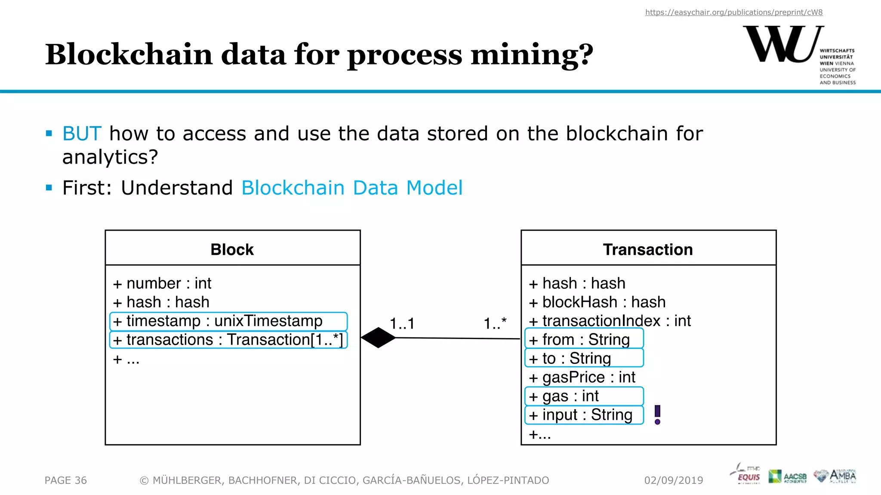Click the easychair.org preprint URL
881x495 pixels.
(x=733, y=12)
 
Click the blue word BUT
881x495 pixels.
(x=82, y=134)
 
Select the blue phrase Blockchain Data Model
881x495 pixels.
(x=352, y=188)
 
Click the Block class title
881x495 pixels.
(x=232, y=250)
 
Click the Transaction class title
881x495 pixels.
(x=648, y=250)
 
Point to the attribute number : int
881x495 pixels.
(x=163, y=284)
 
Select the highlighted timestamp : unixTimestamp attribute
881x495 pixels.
(x=228, y=321)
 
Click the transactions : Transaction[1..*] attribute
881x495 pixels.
(x=228, y=340)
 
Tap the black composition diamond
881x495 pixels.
(x=378, y=338)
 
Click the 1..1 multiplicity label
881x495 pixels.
(x=402, y=324)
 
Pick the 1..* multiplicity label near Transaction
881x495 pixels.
(x=495, y=324)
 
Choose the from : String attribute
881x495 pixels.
(x=584, y=339)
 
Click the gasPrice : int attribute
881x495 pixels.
(x=582, y=377)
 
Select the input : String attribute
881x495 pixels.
(x=584, y=415)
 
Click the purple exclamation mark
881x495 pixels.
(x=657, y=415)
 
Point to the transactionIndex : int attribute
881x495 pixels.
(x=610, y=321)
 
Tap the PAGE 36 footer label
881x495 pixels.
(x=66, y=480)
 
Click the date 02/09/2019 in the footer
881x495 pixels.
(x=674, y=480)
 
